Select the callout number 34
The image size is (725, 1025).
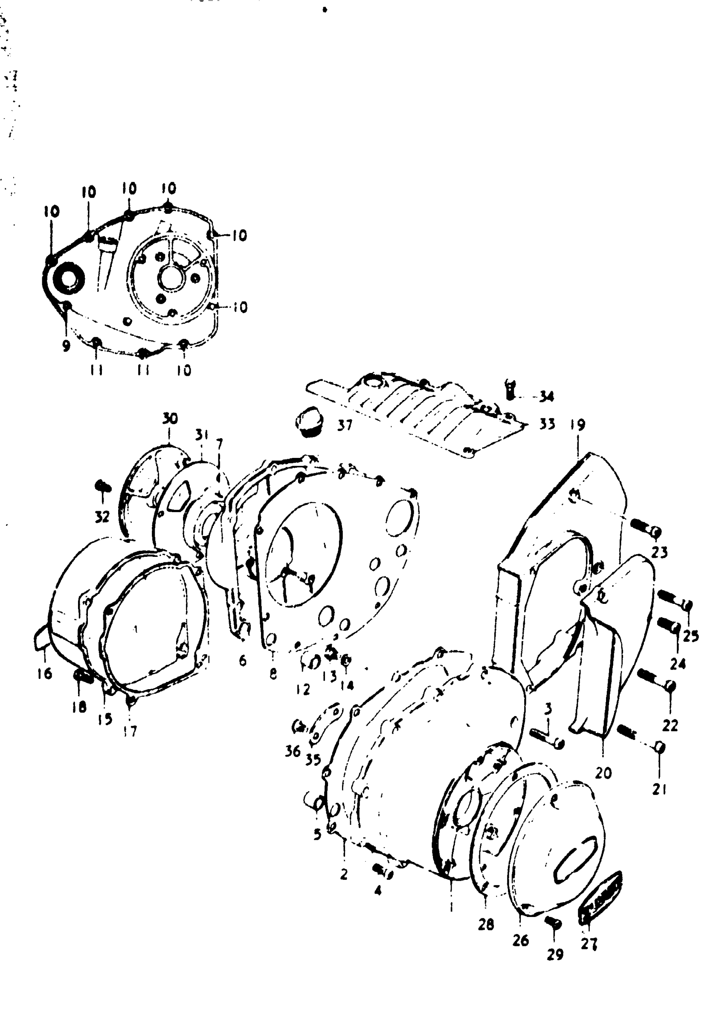(x=546, y=396)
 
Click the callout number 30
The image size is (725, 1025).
(x=170, y=418)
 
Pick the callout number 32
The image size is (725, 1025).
(x=102, y=517)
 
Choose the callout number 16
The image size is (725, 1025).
(x=45, y=673)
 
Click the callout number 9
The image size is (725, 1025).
(x=66, y=346)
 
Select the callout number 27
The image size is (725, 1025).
(x=589, y=945)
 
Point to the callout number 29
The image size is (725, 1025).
(x=554, y=955)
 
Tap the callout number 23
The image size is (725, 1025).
(x=659, y=553)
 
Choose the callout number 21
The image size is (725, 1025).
(x=659, y=789)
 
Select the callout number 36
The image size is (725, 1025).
(x=293, y=751)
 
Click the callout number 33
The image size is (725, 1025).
(x=547, y=424)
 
